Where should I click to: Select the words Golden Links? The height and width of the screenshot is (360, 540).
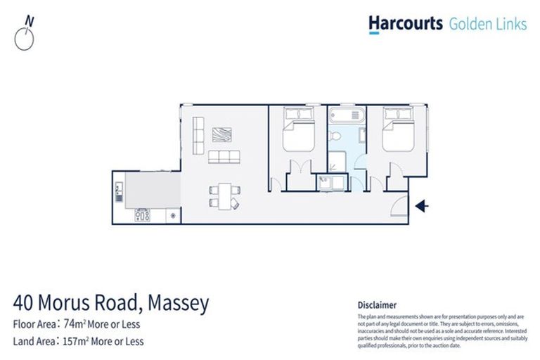[487, 24]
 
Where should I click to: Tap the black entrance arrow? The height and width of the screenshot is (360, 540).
[421, 206]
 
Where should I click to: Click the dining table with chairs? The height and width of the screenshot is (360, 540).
[224, 195]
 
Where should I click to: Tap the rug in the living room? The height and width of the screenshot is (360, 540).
[224, 134]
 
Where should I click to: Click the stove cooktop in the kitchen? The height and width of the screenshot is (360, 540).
[143, 215]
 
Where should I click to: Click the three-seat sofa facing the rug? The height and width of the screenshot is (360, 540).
[224, 157]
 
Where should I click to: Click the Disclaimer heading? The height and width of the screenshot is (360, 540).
[377, 304]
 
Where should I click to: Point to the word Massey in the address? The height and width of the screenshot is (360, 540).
[179, 304]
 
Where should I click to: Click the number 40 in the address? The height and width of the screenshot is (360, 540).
[25, 304]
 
